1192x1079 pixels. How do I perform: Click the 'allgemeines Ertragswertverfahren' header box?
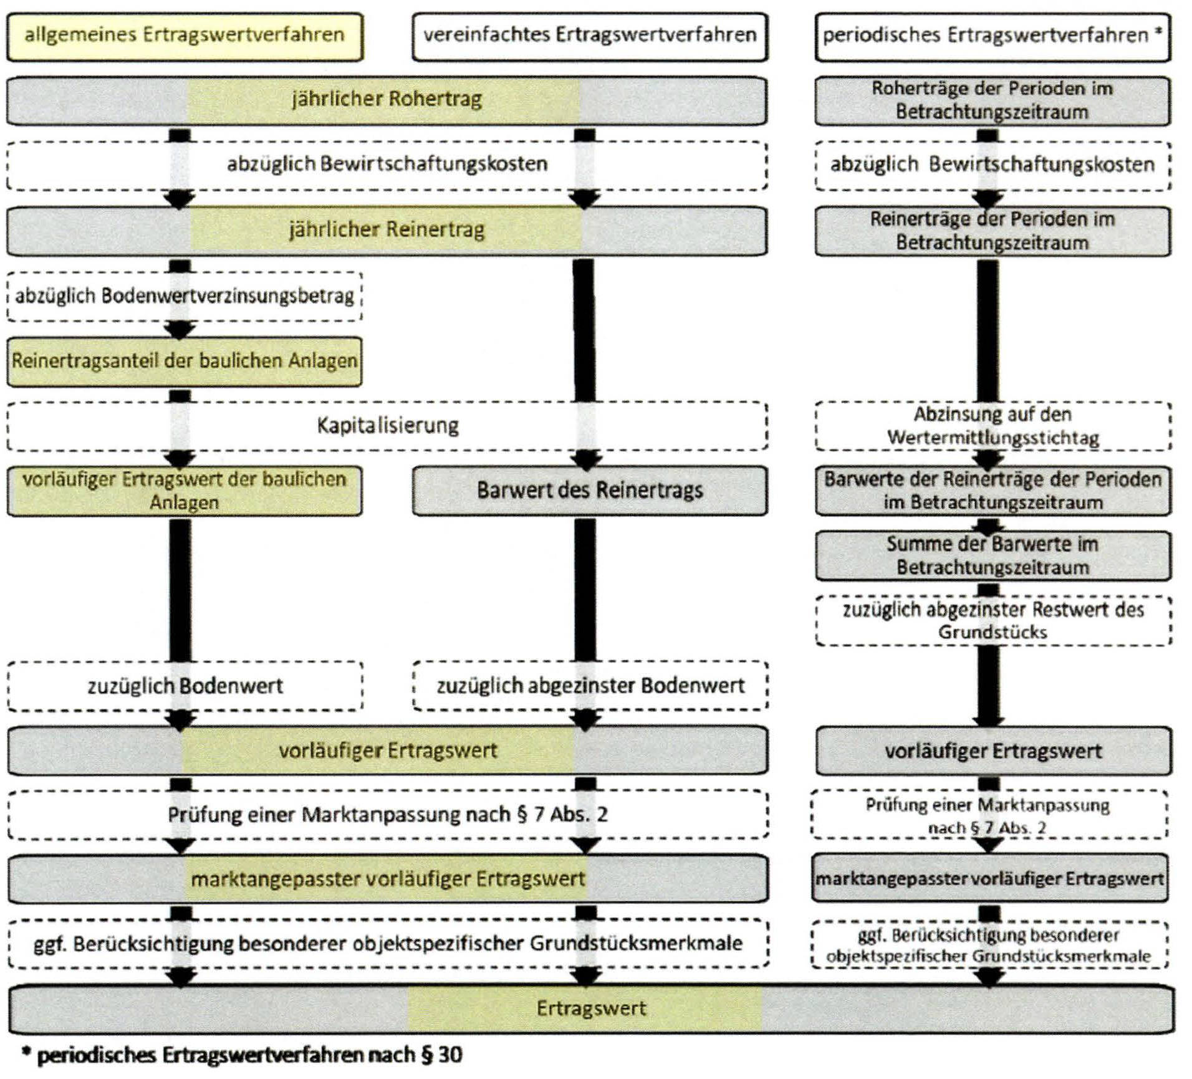click(x=185, y=36)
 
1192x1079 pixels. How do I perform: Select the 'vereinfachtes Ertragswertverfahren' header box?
click(x=589, y=36)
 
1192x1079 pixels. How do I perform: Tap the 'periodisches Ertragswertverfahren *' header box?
click(x=993, y=36)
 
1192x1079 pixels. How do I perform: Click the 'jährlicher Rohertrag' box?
click(x=387, y=100)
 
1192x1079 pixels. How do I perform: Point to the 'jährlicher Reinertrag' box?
click(x=387, y=230)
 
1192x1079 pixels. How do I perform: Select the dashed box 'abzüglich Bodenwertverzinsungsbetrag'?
click(x=185, y=296)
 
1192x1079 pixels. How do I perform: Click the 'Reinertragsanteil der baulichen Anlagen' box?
click(x=185, y=361)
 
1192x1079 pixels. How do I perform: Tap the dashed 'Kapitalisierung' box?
click(x=387, y=426)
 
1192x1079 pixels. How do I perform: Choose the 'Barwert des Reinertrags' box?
click(x=589, y=491)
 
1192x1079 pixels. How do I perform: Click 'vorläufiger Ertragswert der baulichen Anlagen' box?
click(x=185, y=491)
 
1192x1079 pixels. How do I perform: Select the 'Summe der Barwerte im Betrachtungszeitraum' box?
click(x=993, y=555)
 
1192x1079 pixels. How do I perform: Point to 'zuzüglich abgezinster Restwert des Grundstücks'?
click(x=993, y=621)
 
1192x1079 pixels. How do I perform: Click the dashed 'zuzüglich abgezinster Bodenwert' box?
click(x=589, y=686)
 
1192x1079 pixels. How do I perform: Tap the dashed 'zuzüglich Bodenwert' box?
click(x=185, y=686)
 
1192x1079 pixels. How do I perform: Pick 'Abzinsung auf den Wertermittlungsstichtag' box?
click(x=993, y=426)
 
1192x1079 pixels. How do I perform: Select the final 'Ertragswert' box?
click(x=590, y=1008)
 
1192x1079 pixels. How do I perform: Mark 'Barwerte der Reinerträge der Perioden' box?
click(x=993, y=491)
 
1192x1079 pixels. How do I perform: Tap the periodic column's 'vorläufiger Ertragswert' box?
click(x=993, y=751)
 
